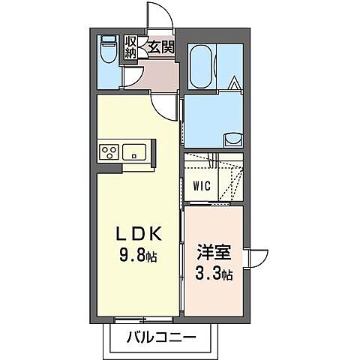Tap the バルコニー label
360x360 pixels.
(x=161, y=336)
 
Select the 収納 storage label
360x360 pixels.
(x=130, y=46)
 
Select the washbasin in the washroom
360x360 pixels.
(x=233, y=137)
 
